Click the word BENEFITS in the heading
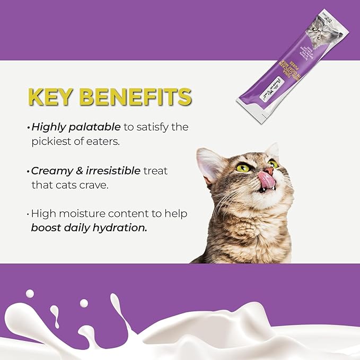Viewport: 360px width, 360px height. [x=139, y=98]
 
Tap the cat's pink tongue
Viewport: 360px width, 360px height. [x=266, y=181]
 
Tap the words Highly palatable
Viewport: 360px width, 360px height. [x=76, y=127]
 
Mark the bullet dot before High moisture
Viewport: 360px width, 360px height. [x=28, y=214]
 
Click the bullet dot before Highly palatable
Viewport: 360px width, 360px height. [x=28, y=128]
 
